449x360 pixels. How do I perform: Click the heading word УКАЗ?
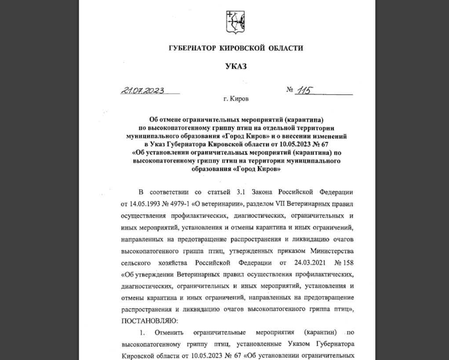tap(236, 66)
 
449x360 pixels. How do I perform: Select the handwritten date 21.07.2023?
tap(142, 91)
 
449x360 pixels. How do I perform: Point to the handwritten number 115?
tap(304, 91)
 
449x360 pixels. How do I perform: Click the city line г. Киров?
tap(236, 99)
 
